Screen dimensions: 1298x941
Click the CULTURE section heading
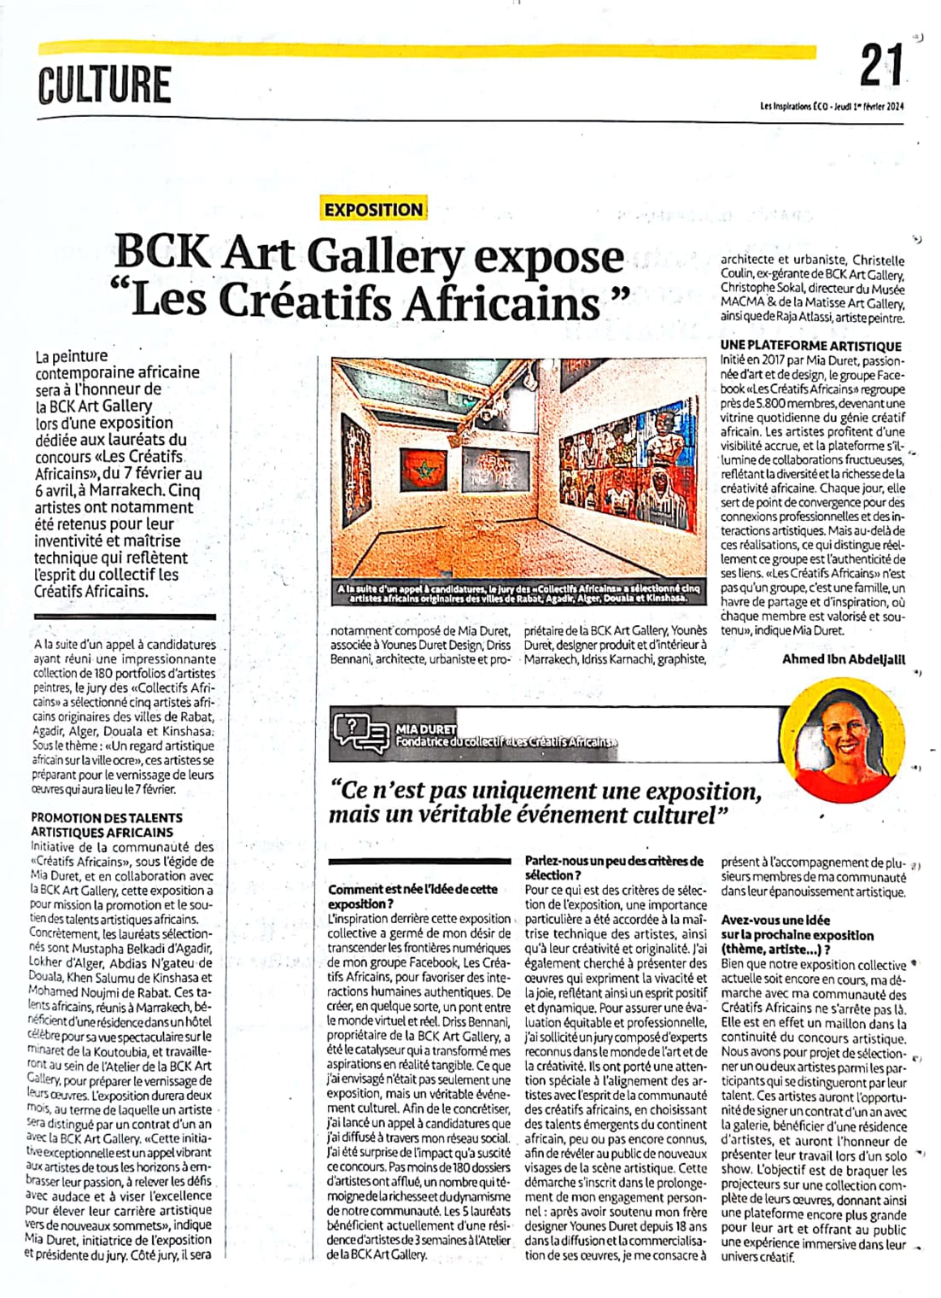(x=104, y=85)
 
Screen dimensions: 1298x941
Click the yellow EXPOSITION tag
(x=373, y=209)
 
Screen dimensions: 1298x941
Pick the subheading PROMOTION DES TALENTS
(x=107, y=817)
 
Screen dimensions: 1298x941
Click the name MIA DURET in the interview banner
(x=426, y=728)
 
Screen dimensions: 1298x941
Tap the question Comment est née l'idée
(x=412, y=889)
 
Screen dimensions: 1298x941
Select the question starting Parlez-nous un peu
(x=614, y=861)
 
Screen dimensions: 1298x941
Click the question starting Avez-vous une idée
(x=775, y=920)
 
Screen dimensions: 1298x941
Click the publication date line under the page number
(x=831, y=107)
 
